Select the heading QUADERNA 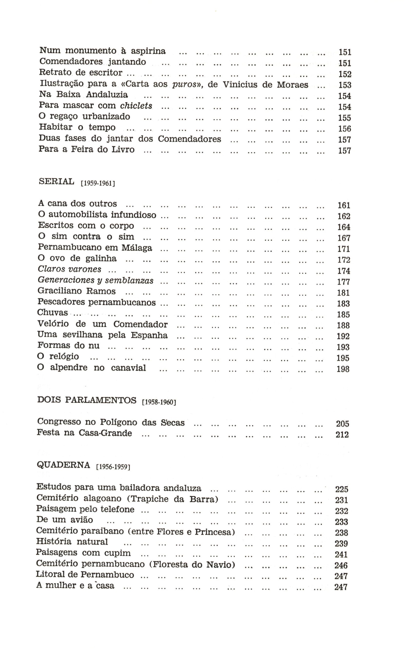[63, 465]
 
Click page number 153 [345, 85]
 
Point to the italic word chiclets [136, 106]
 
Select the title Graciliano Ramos [77, 291]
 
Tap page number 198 [343, 369]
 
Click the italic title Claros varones [69, 269]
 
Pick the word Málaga [136, 248]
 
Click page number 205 [343, 423]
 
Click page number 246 [341, 565]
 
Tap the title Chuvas [53, 312]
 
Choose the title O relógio [58, 356]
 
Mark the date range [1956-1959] [113, 467]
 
